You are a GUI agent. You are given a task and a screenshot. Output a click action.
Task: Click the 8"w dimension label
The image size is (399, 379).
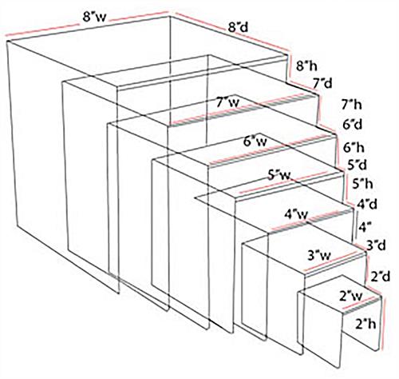pyautogui.click(x=94, y=18)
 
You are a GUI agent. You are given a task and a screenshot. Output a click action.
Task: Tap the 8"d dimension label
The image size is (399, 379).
pyautogui.click(x=238, y=28)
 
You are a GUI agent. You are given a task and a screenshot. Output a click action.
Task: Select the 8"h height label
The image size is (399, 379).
pyautogui.click(x=306, y=66)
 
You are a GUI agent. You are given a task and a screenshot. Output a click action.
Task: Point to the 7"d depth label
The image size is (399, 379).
pyautogui.click(x=322, y=83)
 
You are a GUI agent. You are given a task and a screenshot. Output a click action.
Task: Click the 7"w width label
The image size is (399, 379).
pyautogui.click(x=228, y=102)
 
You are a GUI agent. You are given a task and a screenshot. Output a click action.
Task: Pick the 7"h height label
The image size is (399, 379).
pyautogui.click(x=352, y=105)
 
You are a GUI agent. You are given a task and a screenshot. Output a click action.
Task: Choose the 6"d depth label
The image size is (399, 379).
pyautogui.click(x=353, y=125)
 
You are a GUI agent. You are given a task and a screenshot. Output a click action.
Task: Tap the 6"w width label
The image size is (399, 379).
pyautogui.click(x=255, y=142)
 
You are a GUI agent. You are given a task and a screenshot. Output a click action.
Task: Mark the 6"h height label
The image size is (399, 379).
pyautogui.click(x=354, y=148)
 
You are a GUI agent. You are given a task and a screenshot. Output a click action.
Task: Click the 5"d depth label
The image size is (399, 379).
pyautogui.click(x=358, y=165)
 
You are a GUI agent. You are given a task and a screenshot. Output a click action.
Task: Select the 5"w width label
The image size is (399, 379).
pyautogui.click(x=279, y=175)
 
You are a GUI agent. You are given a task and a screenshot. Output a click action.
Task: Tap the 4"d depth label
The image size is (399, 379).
pyautogui.click(x=367, y=205)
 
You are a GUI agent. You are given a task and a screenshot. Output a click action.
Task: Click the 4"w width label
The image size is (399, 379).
pyautogui.click(x=297, y=214)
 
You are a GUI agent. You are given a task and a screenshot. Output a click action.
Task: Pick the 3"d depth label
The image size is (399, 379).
pyautogui.click(x=376, y=245)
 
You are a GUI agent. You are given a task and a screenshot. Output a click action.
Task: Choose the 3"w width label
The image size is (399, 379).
pyautogui.click(x=319, y=256)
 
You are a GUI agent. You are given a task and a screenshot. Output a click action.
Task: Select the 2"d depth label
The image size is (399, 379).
pyautogui.click(x=381, y=277)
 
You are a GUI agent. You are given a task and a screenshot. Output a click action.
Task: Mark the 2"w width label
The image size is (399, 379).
pyautogui.click(x=351, y=296)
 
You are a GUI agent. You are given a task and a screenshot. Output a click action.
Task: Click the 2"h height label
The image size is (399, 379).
pyautogui.click(x=366, y=324)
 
